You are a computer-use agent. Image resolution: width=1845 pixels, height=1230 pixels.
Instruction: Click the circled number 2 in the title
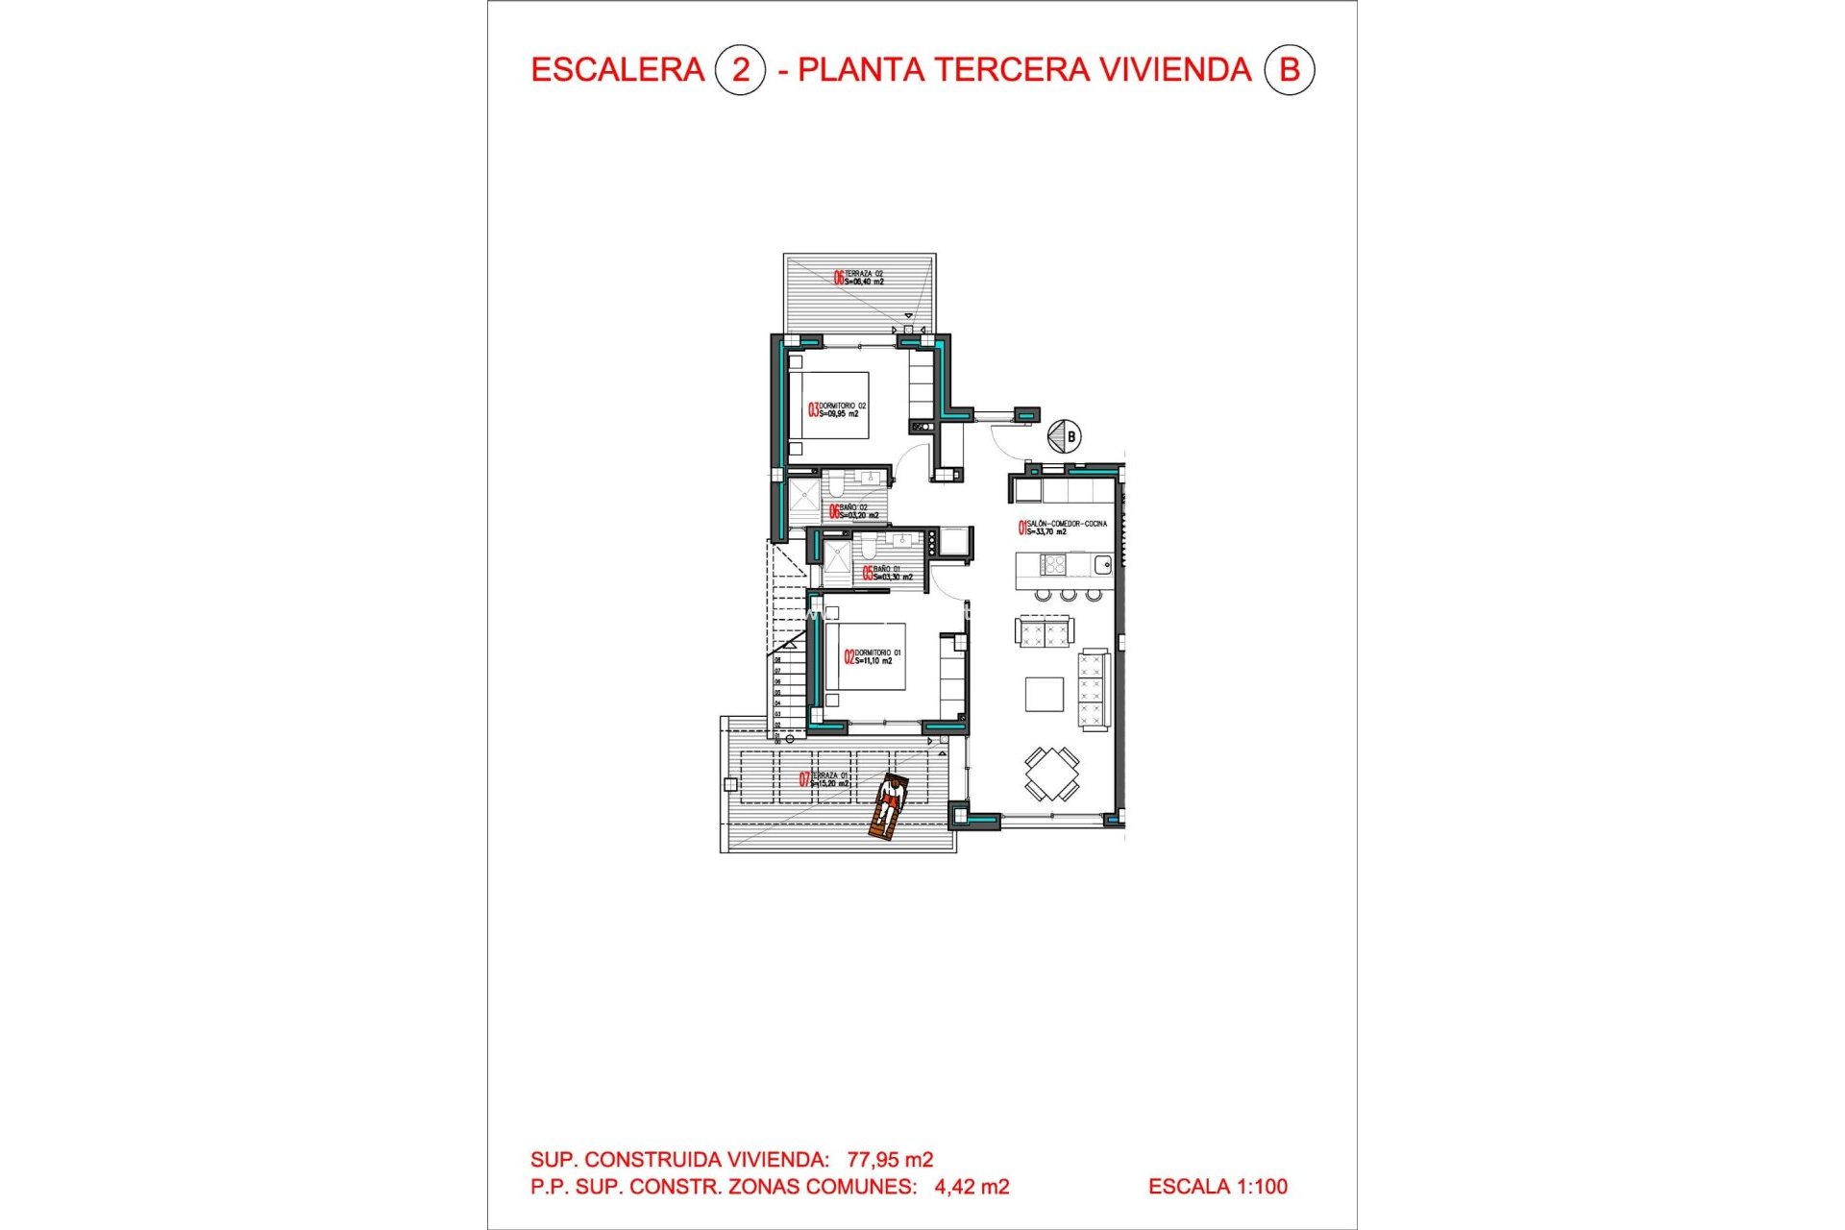(x=740, y=70)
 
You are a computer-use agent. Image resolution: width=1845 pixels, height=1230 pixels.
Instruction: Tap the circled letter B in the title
(x=1289, y=70)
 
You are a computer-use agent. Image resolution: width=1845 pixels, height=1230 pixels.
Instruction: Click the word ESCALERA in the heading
(x=617, y=70)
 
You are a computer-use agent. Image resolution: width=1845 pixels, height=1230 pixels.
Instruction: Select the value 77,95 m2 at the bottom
(x=890, y=1160)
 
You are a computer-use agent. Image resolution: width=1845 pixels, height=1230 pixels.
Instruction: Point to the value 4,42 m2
(x=972, y=1187)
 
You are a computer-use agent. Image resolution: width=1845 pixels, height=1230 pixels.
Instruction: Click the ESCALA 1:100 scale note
(x=1218, y=1187)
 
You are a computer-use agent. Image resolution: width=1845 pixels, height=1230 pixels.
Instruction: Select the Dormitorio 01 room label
(x=874, y=657)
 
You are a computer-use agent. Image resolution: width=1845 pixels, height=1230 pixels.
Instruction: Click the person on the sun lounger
(x=888, y=806)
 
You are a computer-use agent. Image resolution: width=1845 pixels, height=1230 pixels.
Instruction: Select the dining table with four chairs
(x=1051, y=774)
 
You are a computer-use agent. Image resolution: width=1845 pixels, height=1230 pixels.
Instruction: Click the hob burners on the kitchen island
(x=1054, y=565)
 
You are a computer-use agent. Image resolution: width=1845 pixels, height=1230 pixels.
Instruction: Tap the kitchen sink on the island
(x=1102, y=565)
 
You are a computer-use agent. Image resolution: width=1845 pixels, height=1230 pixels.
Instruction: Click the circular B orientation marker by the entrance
(x=1064, y=436)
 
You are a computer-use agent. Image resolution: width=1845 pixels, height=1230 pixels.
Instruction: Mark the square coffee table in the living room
(x=1044, y=694)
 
